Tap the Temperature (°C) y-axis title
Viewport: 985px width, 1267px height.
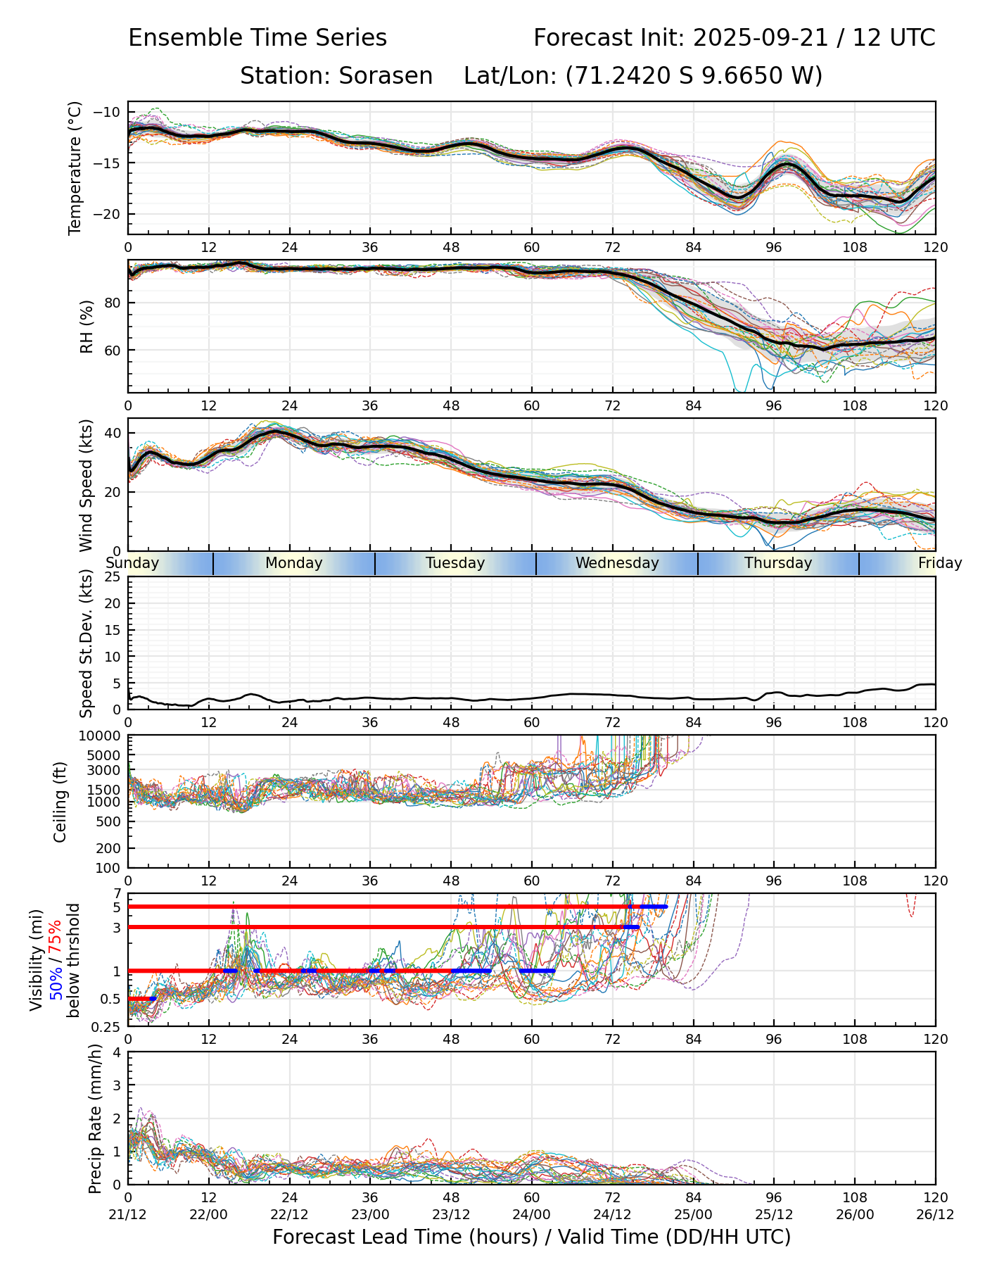click(x=75, y=168)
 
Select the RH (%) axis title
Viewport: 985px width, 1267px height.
click(x=87, y=326)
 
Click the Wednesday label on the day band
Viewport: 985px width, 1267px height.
click(x=617, y=563)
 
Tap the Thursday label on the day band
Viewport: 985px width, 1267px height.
click(x=778, y=563)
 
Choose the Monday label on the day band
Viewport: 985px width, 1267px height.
click(x=294, y=563)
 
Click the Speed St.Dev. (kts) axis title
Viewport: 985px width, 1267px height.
click(x=87, y=643)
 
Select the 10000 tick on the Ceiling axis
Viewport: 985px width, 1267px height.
click(x=103, y=736)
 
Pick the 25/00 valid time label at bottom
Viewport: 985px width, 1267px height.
click(x=693, y=1214)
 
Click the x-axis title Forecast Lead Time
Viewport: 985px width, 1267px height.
click(x=531, y=1237)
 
